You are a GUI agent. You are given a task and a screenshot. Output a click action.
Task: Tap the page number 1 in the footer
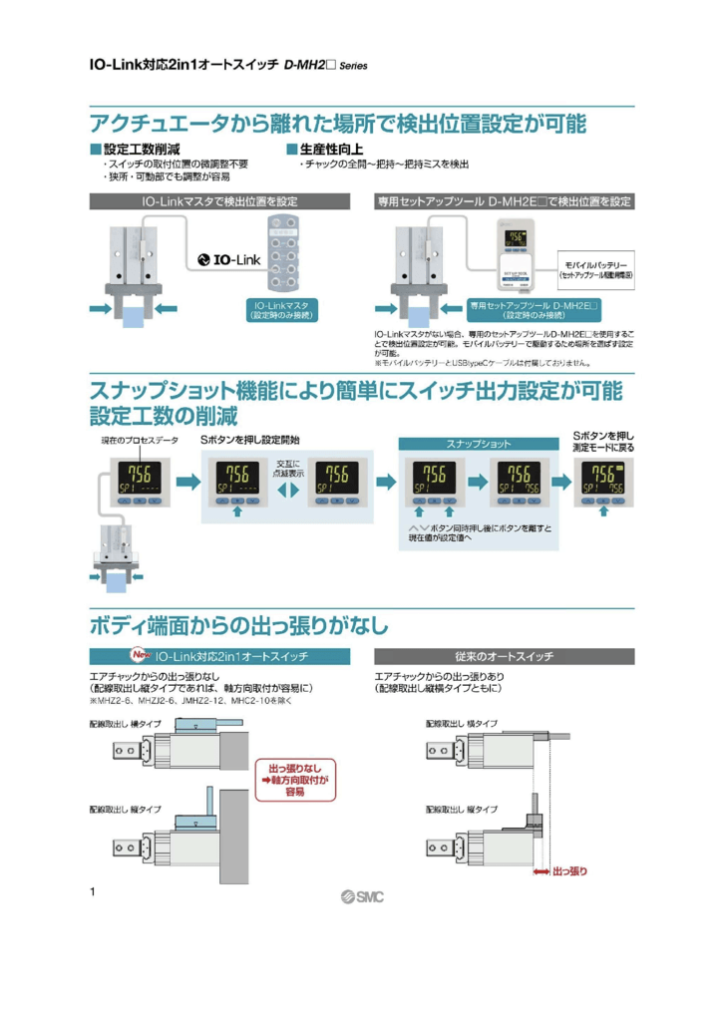pos(93,890)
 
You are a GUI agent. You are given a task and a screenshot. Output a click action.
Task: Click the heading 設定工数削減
pos(140,149)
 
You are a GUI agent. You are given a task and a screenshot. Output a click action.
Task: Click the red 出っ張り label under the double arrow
pos(569,870)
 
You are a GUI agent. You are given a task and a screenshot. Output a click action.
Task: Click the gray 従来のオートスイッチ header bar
pos(504,657)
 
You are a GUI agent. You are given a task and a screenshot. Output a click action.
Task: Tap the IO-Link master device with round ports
pos(290,255)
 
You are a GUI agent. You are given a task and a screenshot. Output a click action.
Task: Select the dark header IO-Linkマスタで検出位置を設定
pos(220,201)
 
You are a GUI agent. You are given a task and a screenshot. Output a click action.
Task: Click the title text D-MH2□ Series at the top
pos(325,66)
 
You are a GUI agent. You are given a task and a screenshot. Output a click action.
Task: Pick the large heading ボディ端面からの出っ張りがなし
pos(239,626)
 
